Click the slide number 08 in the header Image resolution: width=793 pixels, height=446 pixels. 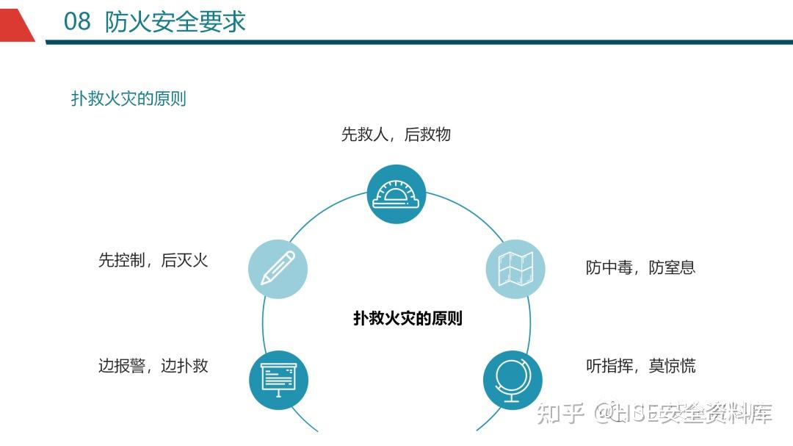point(77,22)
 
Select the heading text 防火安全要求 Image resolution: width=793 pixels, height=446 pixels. point(175,22)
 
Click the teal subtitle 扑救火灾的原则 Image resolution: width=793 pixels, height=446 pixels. point(128,98)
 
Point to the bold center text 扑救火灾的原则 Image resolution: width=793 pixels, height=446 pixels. point(408,318)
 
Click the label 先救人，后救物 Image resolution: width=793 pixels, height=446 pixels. point(396,134)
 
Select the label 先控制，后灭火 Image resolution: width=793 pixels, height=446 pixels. point(153,260)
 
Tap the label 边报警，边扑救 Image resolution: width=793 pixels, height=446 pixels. point(153,365)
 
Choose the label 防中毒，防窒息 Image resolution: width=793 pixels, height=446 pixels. point(641,267)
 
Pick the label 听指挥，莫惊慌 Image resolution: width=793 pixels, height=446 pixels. point(641,365)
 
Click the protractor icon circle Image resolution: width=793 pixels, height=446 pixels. point(396,195)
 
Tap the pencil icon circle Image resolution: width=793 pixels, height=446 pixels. point(278,269)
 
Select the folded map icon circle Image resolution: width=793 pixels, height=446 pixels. point(515,269)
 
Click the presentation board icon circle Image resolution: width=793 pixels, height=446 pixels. point(278,380)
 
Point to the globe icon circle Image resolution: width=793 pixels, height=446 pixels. point(513,380)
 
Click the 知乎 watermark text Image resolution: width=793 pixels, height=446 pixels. point(560,413)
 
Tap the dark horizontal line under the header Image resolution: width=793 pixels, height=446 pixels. point(419,42)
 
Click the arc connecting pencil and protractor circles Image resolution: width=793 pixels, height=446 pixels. point(325,211)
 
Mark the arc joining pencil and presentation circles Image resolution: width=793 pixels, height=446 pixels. point(263,324)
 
